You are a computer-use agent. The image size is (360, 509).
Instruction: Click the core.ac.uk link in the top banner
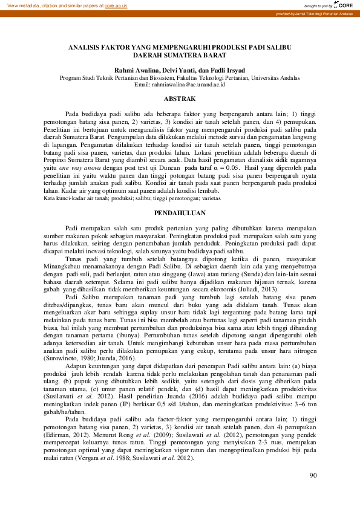(115, 5)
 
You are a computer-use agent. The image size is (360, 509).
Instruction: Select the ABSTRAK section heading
(180, 99)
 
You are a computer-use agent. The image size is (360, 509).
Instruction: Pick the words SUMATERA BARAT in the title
(198, 54)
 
